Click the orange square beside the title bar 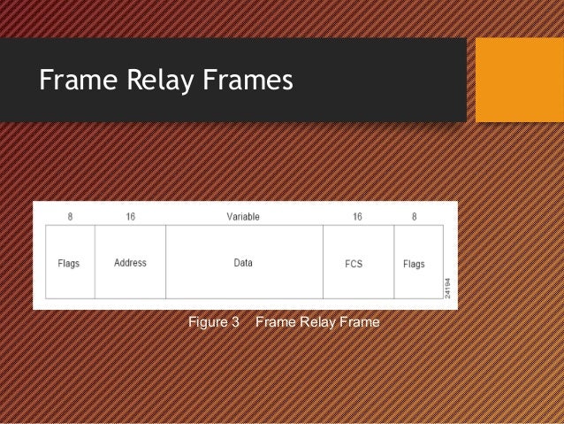point(519,80)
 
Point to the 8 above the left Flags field point(69,217)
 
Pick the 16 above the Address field point(130,217)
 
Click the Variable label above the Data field point(243,217)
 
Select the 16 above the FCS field point(357,217)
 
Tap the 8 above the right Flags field point(413,217)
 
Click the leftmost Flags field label point(69,264)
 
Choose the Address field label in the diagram point(130,263)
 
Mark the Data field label point(243,263)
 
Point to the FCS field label point(354,264)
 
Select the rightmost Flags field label point(414,264)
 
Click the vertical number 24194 point(448,287)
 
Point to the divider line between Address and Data point(166,262)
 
